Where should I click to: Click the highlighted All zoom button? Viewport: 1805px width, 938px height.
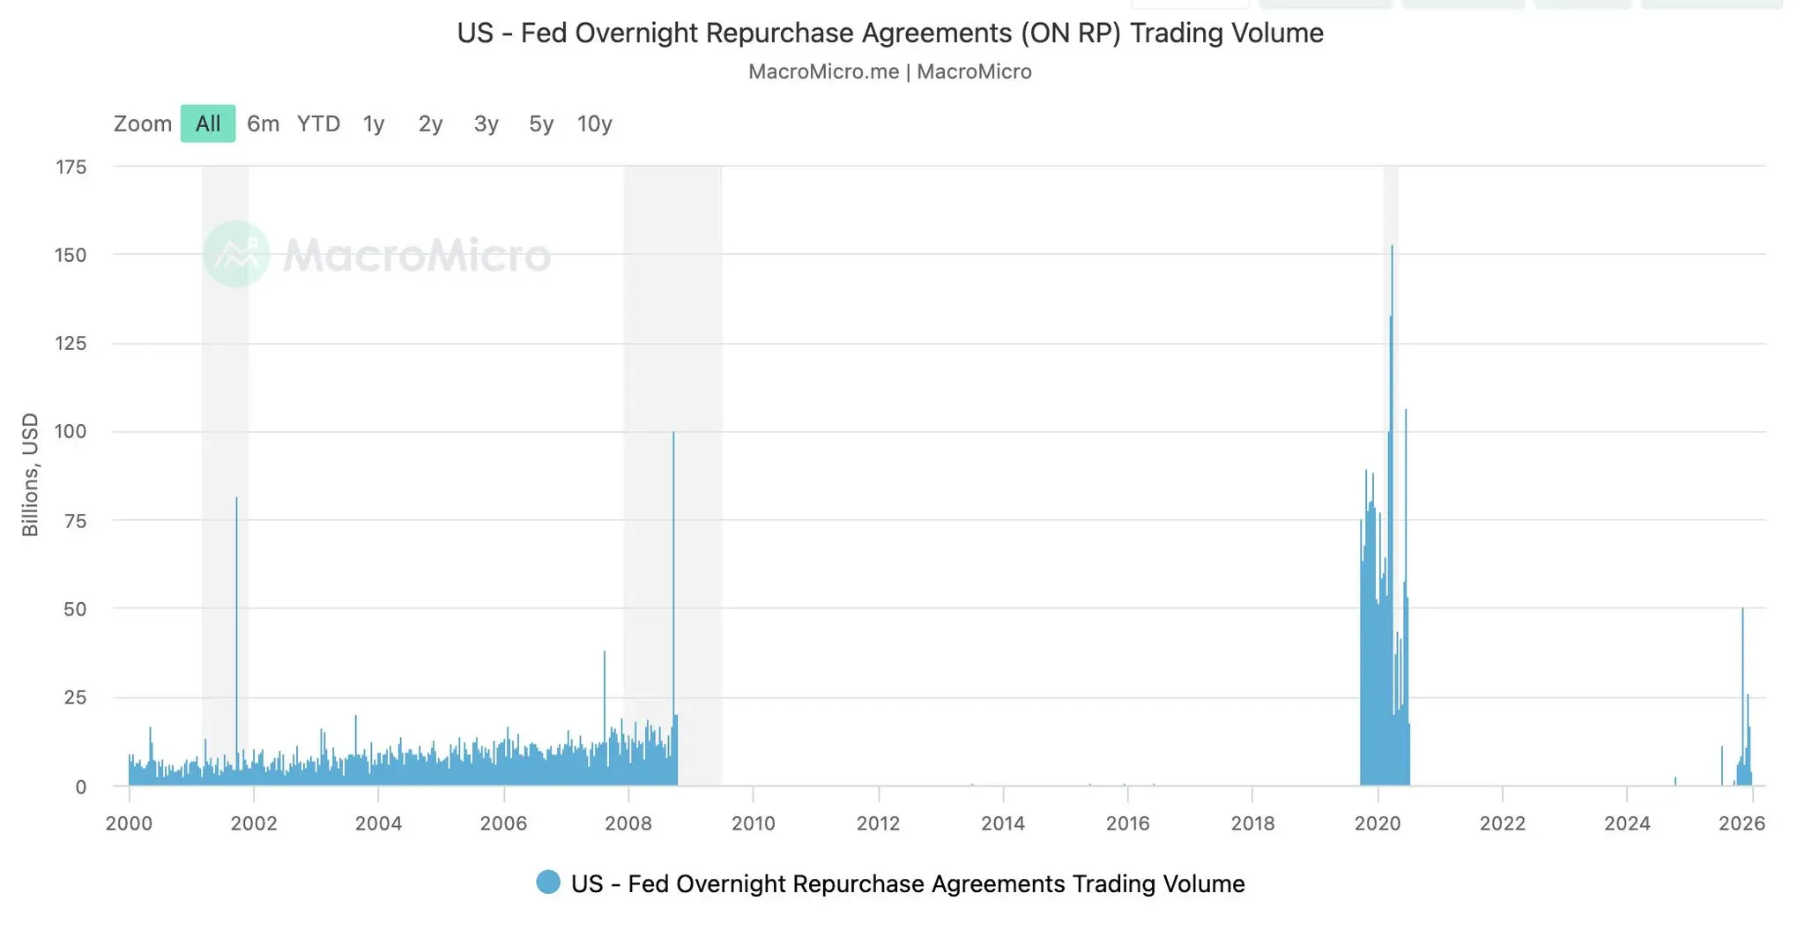pyautogui.click(x=208, y=123)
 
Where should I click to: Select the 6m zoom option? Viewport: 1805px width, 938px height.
pyautogui.click(x=263, y=123)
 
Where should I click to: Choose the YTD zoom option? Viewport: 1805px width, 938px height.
pyautogui.click(x=318, y=123)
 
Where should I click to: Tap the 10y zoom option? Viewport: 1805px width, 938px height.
pyautogui.click(x=594, y=123)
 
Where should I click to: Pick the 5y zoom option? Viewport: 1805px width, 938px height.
pyautogui.click(x=541, y=123)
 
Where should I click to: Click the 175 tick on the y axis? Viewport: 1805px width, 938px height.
pyautogui.click(x=71, y=167)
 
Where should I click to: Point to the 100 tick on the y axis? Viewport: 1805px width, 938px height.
pyautogui.click(x=71, y=431)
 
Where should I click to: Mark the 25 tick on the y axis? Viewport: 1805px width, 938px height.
pyautogui.click(x=75, y=697)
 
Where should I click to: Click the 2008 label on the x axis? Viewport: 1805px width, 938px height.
pyautogui.click(x=628, y=823)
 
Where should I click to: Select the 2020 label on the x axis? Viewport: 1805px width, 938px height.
pyautogui.click(x=1378, y=823)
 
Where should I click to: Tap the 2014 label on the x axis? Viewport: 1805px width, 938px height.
pyautogui.click(x=1003, y=823)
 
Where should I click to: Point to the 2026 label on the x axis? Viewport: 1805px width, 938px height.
pyautogui.click(x=1742, y=823)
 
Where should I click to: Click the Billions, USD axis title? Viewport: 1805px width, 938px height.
pyautogui.click(x=30, y=474)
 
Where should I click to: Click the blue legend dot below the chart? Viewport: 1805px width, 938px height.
pyautogui.click(x=548, y=882)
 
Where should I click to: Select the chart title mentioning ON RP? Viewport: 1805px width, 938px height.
pyautogui.click(x=890, y=33)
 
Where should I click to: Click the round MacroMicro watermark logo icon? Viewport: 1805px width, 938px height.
pyautogui.click(x=236, y=254)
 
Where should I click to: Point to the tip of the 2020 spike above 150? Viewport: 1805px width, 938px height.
pyautogui.click(x=1392, y=247)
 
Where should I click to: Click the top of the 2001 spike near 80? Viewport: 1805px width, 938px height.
pyautogui.click(x=236, y=499)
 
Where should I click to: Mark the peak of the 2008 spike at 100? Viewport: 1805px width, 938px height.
pyautogui.click(x=673, y=433)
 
